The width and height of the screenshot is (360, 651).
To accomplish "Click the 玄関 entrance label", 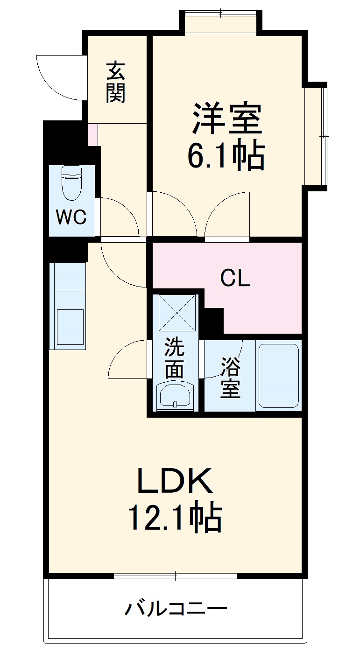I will (x=115, y=83).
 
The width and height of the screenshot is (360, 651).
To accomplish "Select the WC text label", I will (x=71, y=217).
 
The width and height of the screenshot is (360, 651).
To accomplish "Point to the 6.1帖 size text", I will (x=226, y=156).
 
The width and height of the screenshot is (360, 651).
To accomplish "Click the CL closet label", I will (x=235, y=279).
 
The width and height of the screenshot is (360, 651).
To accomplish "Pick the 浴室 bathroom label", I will (x=230, y=378).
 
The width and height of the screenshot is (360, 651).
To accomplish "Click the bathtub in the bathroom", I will (x=278, y=376).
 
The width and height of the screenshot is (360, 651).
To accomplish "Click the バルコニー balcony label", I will (x=175, y=609).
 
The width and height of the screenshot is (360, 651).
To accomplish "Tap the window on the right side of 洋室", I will (x=323, y=136).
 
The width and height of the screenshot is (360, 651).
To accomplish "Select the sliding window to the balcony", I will (x=175, y=576).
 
